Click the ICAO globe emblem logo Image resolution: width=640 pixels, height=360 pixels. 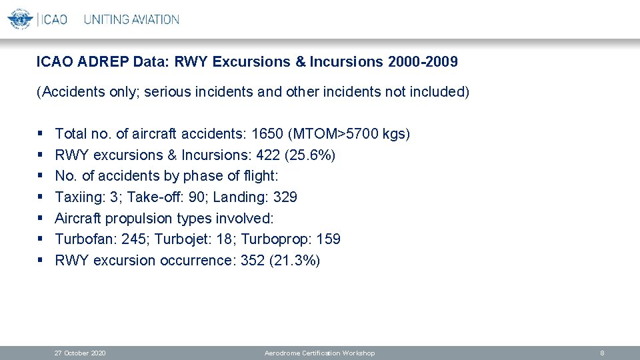tap(20, 19)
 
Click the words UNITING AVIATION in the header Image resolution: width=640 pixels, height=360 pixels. tap(131, 19)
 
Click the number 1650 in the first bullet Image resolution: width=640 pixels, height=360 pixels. tap(267, 134)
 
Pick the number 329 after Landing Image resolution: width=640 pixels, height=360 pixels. tap(285, 197)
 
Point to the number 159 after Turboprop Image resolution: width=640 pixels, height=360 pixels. tap(329, 239)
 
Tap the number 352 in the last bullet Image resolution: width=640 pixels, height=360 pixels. tap(253, 261)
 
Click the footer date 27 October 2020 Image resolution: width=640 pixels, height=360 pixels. tap(80, 353)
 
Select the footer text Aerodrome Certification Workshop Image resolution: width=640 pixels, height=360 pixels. tap(319, 353)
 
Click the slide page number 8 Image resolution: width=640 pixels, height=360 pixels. tap(602, 353)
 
